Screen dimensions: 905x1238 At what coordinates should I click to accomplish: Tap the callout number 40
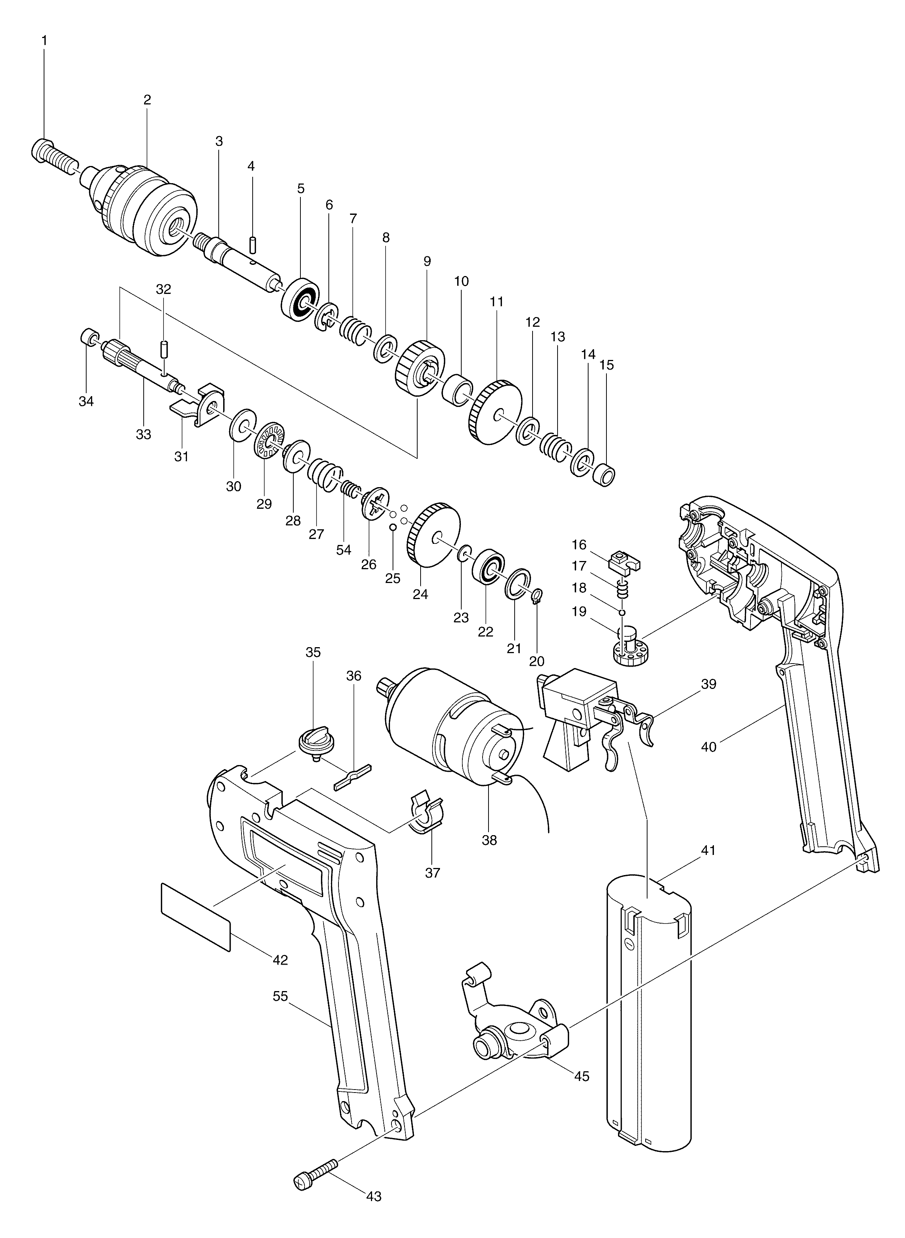pos(708,747)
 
